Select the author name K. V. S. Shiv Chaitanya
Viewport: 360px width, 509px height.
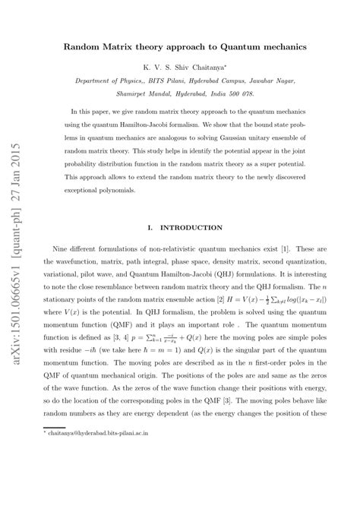click(x=184, y=68)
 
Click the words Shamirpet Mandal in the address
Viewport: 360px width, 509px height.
click(x=132, y=93)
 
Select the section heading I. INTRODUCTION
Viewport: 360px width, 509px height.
click(x=184, y=227)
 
